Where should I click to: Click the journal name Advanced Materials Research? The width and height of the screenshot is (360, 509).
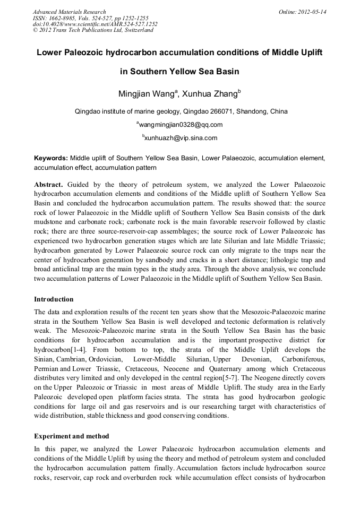click(69, 12)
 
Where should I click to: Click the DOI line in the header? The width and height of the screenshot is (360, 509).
click(95, 24)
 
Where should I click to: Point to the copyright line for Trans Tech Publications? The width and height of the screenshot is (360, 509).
click(93, 30)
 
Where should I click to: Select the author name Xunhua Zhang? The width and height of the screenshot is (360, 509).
click(209, 94)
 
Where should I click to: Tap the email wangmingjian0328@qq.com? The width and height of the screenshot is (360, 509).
click(181, 125)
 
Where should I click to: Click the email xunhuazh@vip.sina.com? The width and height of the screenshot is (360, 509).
click(181, 138)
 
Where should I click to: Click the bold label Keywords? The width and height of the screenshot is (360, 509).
click(51, 158)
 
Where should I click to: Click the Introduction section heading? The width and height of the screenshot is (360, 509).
click(54, 299)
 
